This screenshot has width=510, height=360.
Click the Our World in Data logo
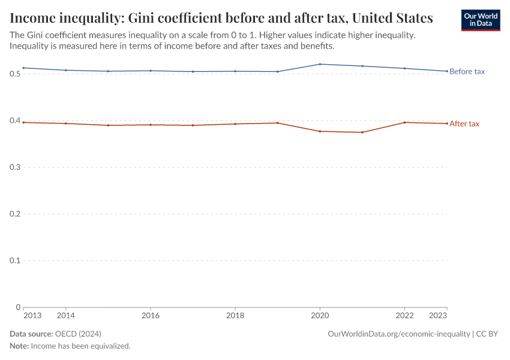point(481,20)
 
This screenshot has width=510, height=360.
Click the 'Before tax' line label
point(467,71)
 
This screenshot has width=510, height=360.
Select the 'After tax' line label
point(464,124)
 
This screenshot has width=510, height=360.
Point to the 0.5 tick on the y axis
point(16,74)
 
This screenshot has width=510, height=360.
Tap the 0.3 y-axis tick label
point(16,167)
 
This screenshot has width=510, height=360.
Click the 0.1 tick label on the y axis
point(16,260)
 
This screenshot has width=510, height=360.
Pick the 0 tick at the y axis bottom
point(19,307)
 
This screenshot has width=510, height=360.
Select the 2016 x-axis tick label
point(151,316)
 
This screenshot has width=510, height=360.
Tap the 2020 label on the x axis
point(320,316)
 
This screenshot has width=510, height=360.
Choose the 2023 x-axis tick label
point(439,316)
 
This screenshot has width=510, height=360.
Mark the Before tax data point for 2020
point(320,64)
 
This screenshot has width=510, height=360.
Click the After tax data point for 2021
point(362,132)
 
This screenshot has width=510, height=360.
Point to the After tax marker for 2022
point(405,122)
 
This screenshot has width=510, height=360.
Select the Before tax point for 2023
point(447,71)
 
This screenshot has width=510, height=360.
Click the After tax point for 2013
point(23,122)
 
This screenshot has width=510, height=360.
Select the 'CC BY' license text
point(487,334)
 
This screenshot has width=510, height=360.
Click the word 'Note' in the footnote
point(19,346)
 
